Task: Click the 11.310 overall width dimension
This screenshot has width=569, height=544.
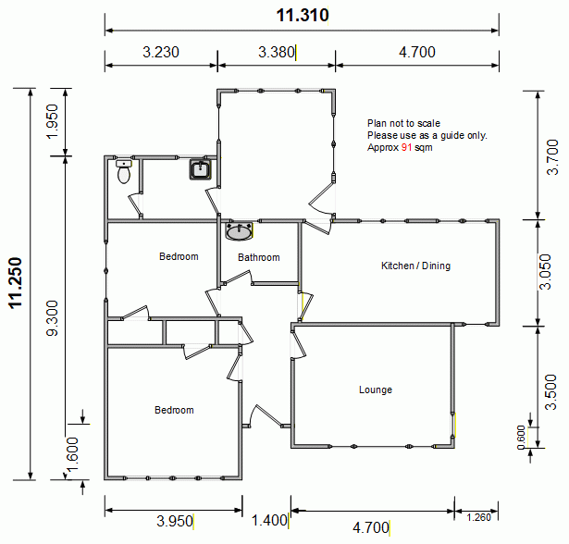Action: (303, 15)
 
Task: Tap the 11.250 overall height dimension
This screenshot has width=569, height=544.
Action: (16, 283)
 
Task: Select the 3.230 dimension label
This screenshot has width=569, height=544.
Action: (161, 52)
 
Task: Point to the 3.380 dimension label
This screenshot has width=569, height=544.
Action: (277, 52)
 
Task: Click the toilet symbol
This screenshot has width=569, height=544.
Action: (124, 171)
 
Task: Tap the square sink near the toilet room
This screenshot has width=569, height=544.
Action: (200, 169)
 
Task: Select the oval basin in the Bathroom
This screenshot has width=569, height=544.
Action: (239, 231)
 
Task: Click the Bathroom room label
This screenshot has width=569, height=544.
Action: (259, 257)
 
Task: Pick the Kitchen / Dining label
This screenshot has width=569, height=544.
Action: (415, 266)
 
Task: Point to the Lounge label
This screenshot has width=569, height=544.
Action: (376, 389)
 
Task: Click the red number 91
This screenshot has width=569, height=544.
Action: (406, 147)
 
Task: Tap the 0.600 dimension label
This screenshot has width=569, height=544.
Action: (521, 438)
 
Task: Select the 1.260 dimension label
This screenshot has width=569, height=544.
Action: (478, 517)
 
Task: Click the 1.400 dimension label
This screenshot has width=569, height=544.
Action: (269, 521)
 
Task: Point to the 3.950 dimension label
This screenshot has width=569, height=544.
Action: (175, 521)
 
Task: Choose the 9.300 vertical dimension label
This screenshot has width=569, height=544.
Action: (52, 318)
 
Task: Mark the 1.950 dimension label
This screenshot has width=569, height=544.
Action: (52, 121)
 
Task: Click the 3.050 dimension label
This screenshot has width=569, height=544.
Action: (545, 272)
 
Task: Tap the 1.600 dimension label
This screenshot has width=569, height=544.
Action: (72, 455)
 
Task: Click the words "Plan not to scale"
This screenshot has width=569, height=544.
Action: (403, 123)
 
